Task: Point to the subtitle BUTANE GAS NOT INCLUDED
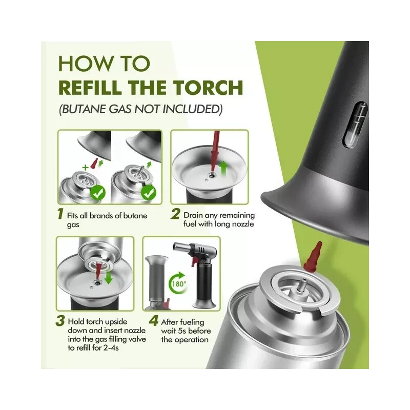point(140,110)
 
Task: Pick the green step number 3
point(61,321)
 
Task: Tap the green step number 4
point(152,321)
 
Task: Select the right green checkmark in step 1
point(149,194)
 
